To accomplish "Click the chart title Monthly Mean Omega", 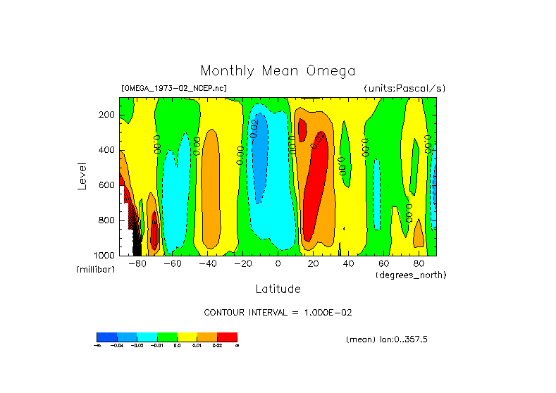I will pyautogui.click(x=278, y=70).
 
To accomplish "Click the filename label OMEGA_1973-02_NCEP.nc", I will pyautogui.click(x=174, y=89).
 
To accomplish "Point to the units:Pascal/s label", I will pyautogui.click(x=404, y=89).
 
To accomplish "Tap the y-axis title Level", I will pyautogui.click(x=82, y=175).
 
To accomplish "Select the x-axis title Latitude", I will pyautogui.click(x=278, y=289).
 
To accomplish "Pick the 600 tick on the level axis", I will pyautogui.click(x=107, y=185).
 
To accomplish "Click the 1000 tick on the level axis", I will pyautogui.click(x=105, y=255).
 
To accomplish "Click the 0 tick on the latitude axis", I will pyautogui.click(x=278, y=263).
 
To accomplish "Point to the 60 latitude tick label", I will pyautogui.click(x=383, y=263).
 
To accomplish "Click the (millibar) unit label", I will pyautogui.click(x=94, y=270).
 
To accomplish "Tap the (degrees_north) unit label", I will pyautogui.click(x=411, y=275).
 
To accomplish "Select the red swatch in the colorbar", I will pyautogui.click(x=227, y=337).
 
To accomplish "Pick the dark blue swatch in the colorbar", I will pyautogui.click(x=106, y=337).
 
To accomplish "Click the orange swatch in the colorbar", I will pyautogui.click(x=207, y=337).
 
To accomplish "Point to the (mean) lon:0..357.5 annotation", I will pyautogui.click(x=387, y=339).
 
